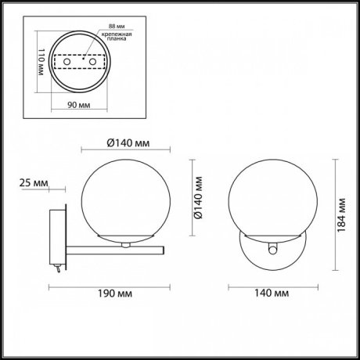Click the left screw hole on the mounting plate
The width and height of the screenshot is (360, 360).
click(67, 61)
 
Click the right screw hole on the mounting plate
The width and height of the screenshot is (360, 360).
click(93, 61)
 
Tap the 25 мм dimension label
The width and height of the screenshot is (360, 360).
click(33, 183)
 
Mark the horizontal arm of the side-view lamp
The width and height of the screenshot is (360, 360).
click(117, 252)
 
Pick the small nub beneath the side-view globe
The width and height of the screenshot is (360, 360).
click(124, 245)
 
